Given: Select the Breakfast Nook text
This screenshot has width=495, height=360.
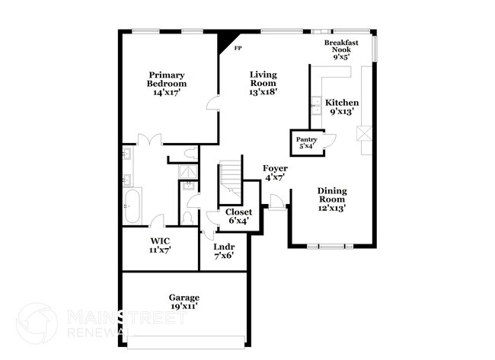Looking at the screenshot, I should (341, 49).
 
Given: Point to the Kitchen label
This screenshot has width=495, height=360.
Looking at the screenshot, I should (342, 107).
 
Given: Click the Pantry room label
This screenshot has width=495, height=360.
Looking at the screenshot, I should (306, 143).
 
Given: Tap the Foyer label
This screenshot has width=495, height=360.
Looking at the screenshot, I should (274, 172).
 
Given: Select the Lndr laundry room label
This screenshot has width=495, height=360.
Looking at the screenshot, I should (224, 251).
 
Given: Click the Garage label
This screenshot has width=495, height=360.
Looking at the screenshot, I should (184, 301).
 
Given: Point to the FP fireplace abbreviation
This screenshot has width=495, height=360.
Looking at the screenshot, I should (238, 48).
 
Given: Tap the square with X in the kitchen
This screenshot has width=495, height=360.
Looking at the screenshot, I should (364, 134).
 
